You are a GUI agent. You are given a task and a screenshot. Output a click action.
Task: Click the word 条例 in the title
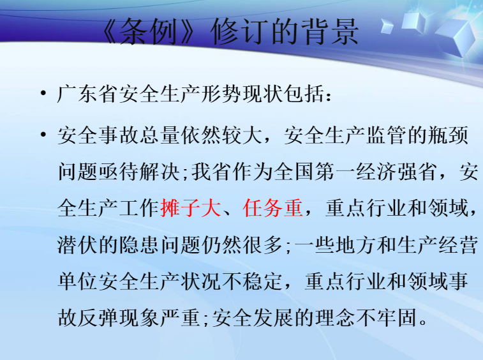coord(149,31)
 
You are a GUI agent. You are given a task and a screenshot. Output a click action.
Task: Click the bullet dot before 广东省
coord(43,93)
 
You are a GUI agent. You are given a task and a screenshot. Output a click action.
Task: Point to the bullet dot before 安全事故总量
coord(43,135)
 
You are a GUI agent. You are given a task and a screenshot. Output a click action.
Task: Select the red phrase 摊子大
coord(191,208)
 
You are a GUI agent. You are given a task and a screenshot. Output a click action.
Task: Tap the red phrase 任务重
coord(272,208)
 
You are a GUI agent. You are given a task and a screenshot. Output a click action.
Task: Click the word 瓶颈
coord(449,135)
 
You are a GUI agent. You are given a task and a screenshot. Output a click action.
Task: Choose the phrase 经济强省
coord(397,172)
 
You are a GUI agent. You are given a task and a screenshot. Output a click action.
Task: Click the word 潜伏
coord(78,245)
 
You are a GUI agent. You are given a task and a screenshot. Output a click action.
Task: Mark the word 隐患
coord(139,245)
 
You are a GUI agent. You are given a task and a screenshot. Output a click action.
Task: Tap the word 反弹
coord(98,318)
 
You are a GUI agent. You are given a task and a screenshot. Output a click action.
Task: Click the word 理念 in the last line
coord(335,318)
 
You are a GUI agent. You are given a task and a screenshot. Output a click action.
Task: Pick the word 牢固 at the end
coord(396,318)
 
